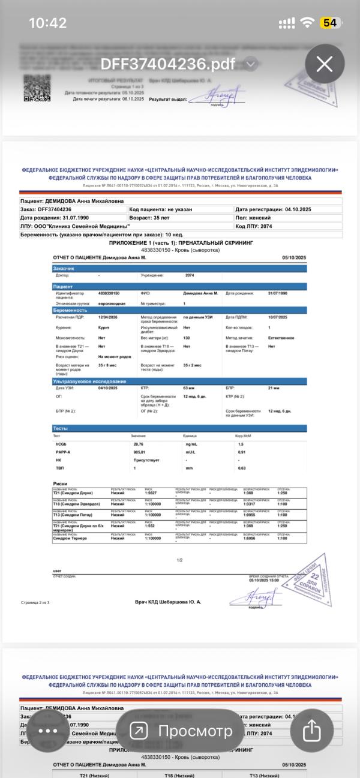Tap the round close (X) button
point(325,64)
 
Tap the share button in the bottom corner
point(311,731)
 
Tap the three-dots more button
point(48,731)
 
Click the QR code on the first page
point(37,88)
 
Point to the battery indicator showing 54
point(329,23)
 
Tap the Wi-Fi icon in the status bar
point(308,23)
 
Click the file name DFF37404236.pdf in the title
point(167,64)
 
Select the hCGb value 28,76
point(139,444)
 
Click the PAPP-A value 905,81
point(140,452)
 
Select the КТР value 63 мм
point(189,389)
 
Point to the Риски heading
point(60,483)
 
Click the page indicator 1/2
point(179,560)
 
